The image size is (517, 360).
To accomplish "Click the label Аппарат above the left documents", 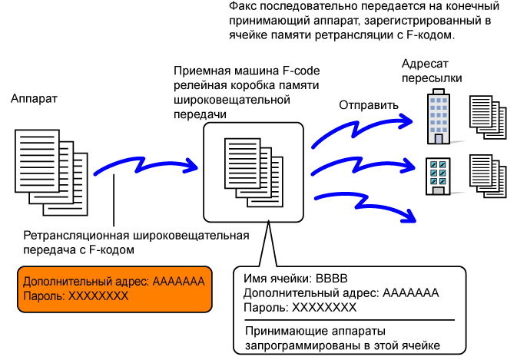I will coord(34,100).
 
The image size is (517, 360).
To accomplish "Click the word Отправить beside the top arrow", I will coord(368,105).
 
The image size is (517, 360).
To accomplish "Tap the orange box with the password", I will coord(114,289).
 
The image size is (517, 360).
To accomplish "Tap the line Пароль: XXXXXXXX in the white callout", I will coord(300,307).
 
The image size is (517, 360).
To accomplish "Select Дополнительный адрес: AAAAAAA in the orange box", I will coord(114,282).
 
